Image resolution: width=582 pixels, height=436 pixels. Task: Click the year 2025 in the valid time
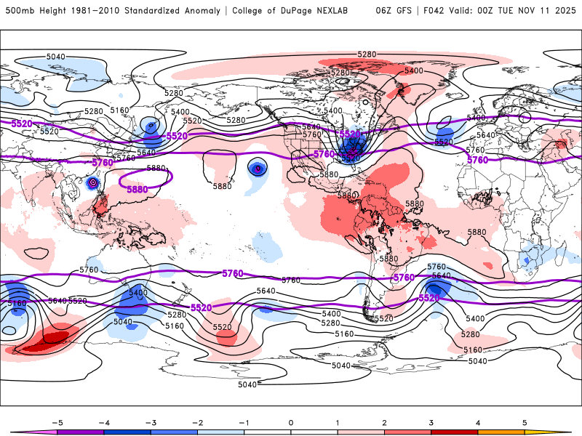[x=565, y=11]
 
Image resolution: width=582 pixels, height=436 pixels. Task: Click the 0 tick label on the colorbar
[x=291, y=422]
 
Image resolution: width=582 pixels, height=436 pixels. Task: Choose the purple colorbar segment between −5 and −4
[x=80, y=432]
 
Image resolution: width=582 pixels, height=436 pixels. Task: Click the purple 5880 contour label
[x=137, y=190]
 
